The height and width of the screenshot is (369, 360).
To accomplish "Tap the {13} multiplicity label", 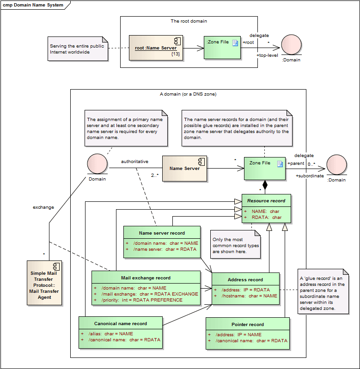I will pyautogui.click(x=175, y=54).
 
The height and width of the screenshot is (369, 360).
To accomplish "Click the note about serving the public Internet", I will pyautogui.click(x=78, y=49).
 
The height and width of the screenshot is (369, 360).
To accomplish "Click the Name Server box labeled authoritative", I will pyautogui.click(x=184, y=169).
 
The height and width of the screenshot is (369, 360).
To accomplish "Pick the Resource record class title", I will pyautogui.click(x=266, y=200).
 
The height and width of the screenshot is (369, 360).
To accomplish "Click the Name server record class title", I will pyautogui.click(x=162, y=233).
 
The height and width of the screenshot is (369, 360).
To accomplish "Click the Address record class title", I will pyautogui.click(x=245, y=279).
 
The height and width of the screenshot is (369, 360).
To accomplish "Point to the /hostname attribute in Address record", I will pyautogui.click(x=250, y=296).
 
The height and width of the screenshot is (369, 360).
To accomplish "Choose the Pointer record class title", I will pyautogui.click(x=248, y=324).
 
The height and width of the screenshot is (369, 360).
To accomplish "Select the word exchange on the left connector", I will pyautogui.click(x=43, y=207).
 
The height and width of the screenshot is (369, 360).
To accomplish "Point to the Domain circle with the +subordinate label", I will pyautogui.click(x=336, y=165).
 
